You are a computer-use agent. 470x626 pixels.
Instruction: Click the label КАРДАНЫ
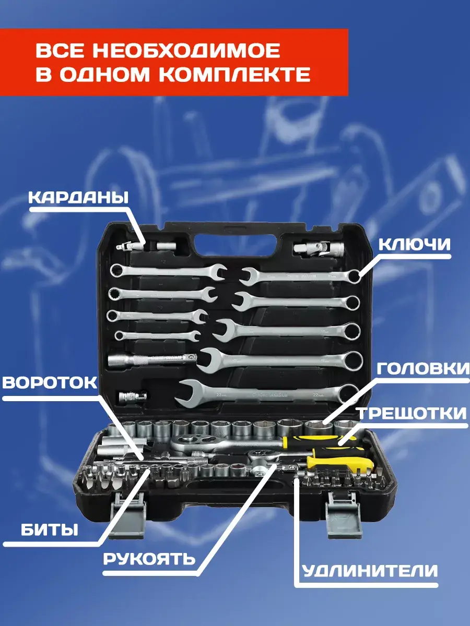[x=78, y=197]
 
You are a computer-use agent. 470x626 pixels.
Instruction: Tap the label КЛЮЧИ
[x=414, y=245]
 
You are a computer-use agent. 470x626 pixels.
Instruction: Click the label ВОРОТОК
[x=50, y=382]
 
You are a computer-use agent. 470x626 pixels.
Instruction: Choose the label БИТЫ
[x=50, y=530]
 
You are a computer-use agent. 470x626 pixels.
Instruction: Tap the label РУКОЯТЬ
[x=149, y=558]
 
